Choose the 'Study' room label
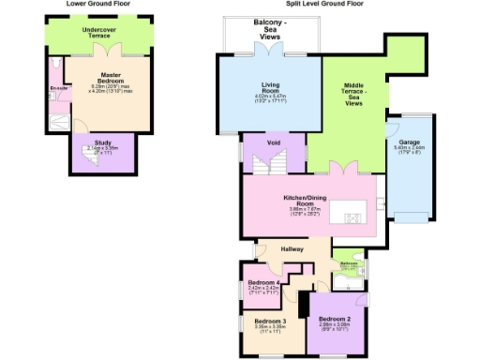coord(102,142)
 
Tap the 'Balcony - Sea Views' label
coord(273,28)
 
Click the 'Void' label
coord(274,142)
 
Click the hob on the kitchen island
coord(353,218)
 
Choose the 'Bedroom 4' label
coord(262,282)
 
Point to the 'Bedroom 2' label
coord(336,318)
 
